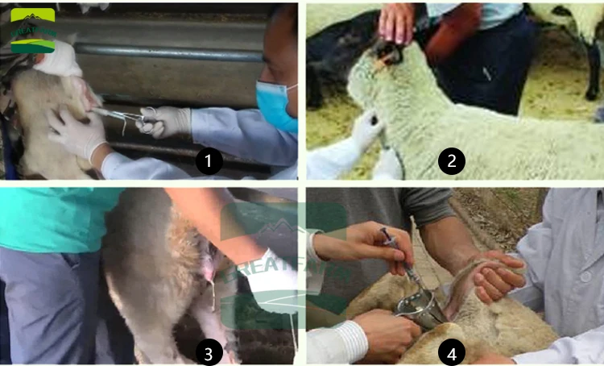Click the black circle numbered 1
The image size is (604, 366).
pyautogui.click(x=209, y=161)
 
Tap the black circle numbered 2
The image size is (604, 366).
pyautogui.click(x=452, y=161)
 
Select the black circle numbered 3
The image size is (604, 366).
pyautogui.click(x=209, y=352)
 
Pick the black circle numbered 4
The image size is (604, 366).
pyautogui.click(x=452, y=352)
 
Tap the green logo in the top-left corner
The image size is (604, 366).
pyautogui.click(x=32, y=30)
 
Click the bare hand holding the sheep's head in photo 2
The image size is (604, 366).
pyautogui.click(x=399, y=22)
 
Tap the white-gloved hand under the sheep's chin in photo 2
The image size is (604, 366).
pyautogui.click(x=366, y=129)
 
